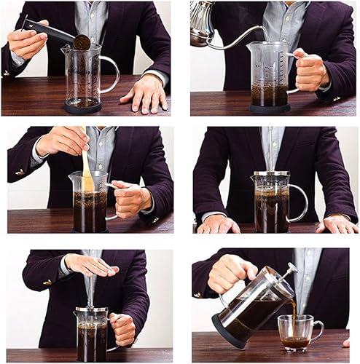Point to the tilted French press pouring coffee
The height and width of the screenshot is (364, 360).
[251, 309]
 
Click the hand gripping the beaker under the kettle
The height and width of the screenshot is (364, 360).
[310, 70]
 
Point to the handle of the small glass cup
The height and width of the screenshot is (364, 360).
[317, 331]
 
